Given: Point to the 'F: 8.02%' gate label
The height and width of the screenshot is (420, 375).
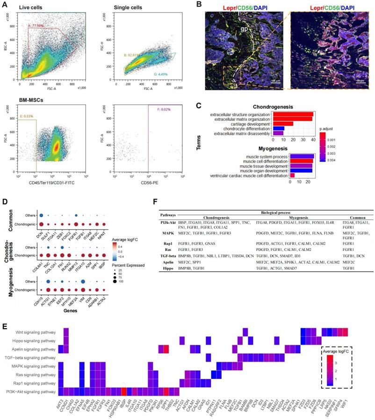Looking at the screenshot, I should (x=160, y=111).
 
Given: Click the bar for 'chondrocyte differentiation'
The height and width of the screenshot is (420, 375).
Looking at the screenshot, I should (x=279, y=128).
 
